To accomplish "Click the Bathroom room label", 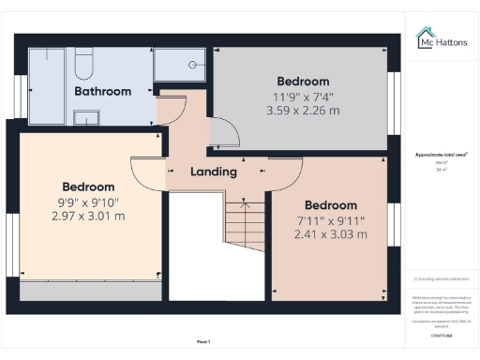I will (102, 91).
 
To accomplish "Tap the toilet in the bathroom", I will (82, 66).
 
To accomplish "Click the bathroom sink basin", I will (85, 117).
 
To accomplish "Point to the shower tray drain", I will (192, 66).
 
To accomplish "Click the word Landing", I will (213, 172).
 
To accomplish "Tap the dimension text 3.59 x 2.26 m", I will (302, 110).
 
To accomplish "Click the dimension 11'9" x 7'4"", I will (303, 96).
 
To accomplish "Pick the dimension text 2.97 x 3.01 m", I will (88, 216).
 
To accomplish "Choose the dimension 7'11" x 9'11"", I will (331, 220).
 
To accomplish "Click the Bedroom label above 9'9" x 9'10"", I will (88, 187).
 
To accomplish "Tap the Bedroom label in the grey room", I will (302, 81).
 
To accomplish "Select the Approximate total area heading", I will (441, 155).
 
